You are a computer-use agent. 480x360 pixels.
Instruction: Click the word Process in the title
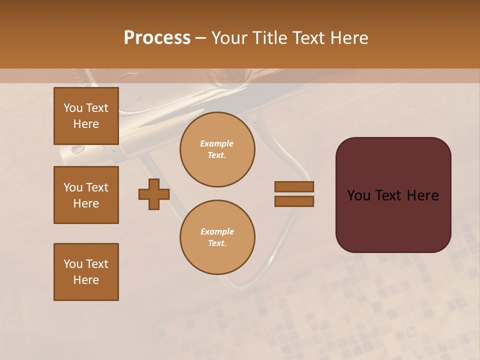157,38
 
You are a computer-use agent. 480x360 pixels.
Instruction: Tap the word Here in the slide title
348,38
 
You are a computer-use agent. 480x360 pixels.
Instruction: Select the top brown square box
86,116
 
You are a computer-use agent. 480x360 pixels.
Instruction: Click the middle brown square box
86,195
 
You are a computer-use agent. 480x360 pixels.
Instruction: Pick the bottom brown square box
86,272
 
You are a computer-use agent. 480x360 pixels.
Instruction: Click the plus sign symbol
154,194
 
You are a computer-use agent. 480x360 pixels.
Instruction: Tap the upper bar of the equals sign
294,186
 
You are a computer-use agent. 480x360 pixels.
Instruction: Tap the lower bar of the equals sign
294,201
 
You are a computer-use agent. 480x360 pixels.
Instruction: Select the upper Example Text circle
217,149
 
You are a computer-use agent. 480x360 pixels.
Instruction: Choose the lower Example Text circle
217,237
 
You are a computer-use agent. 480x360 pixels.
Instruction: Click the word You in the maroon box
358,195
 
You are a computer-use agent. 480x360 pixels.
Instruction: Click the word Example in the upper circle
217,143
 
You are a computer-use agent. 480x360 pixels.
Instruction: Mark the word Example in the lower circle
217,231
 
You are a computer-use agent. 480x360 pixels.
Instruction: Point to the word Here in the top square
86,124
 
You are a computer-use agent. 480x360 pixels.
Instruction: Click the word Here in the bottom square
86,280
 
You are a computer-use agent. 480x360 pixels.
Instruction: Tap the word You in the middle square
73,187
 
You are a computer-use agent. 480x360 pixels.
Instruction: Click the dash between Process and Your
200,38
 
